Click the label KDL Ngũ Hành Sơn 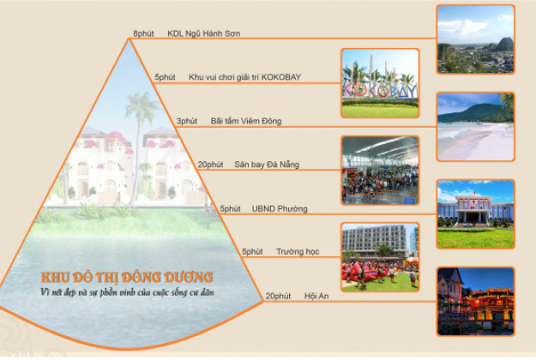[x=204, y=33]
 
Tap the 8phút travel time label [x=143, y=33]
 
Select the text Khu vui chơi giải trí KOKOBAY [x=244, y=77]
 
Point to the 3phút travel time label [x=187, y=121]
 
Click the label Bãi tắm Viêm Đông [x=246, y=121]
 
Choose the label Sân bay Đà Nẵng [x=267, y=165]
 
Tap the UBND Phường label [x=280, y=208]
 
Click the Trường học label [x=298, y=252]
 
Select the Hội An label [x=316, y=296]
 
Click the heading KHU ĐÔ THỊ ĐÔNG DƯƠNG [x=127, y=277]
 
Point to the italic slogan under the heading [x=127, y=292]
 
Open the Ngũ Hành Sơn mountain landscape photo [x=475, y=39]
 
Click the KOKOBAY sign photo [x=380, y=83]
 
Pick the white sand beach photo [x=475, y=127]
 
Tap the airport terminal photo [x=380, y=171]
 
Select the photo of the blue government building [x=475, y=214]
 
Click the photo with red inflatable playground [x=380, y=257]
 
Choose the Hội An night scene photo [x=475, y=302]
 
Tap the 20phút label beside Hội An [x=278, y=296]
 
